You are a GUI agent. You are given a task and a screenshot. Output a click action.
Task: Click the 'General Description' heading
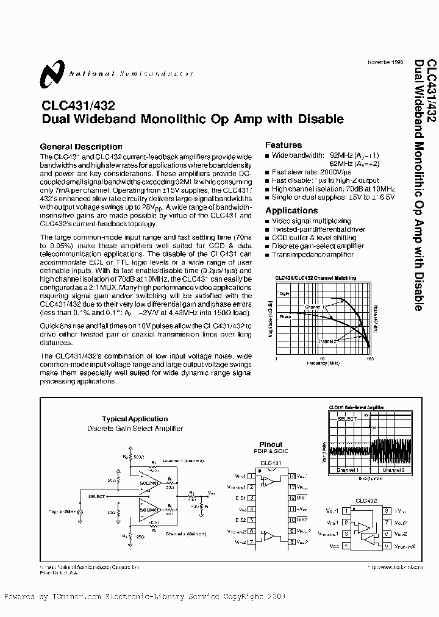pyautogui.click(x=80, y=146)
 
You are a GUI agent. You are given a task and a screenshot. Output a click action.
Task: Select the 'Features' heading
pyautogui.click(x=284, y=145)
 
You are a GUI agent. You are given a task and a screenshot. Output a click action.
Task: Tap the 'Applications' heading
pyautogui.click(x=291, y=210)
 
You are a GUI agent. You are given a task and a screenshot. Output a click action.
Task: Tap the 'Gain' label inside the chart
pyautogui.click(x=285, y=294)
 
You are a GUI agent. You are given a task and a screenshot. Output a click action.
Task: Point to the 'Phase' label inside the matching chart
pyautogui.click(x=285, y=316)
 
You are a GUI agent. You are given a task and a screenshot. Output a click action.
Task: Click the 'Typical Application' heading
pyautogui.click(x=135, y=419)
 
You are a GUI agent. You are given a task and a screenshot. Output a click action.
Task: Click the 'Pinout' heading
pyautogui.click(x=270, y=444)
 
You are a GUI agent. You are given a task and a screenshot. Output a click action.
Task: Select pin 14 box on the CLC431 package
pyautogui.click(x=293, y=476)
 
